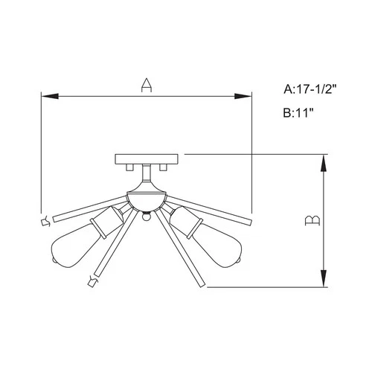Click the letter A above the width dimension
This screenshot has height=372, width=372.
tap(147, 86)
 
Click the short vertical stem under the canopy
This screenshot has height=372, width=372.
tap(147, 177)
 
